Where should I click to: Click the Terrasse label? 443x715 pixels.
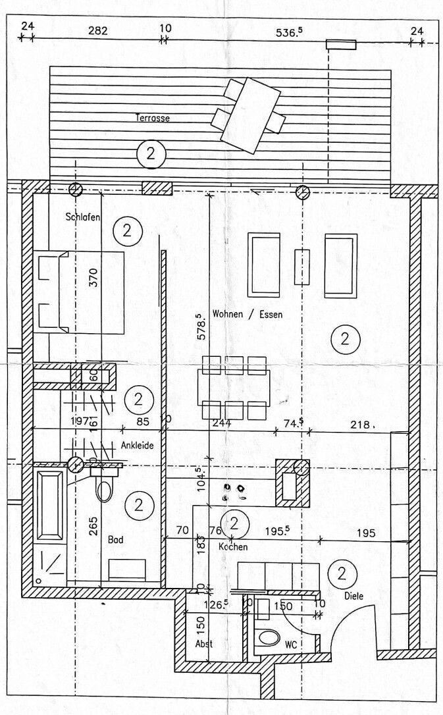(153, 119)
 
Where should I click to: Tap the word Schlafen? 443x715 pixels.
(82, 217)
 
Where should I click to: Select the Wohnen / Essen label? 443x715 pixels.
(248, 315)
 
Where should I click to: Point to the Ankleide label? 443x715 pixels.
(137, 446)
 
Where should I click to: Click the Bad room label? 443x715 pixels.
(116, 539)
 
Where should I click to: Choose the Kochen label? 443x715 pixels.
(233, 547)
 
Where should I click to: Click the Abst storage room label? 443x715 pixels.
(204, 644)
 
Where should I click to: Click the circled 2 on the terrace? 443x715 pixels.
(151, 154)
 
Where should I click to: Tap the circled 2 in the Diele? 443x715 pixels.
(342, 573)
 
